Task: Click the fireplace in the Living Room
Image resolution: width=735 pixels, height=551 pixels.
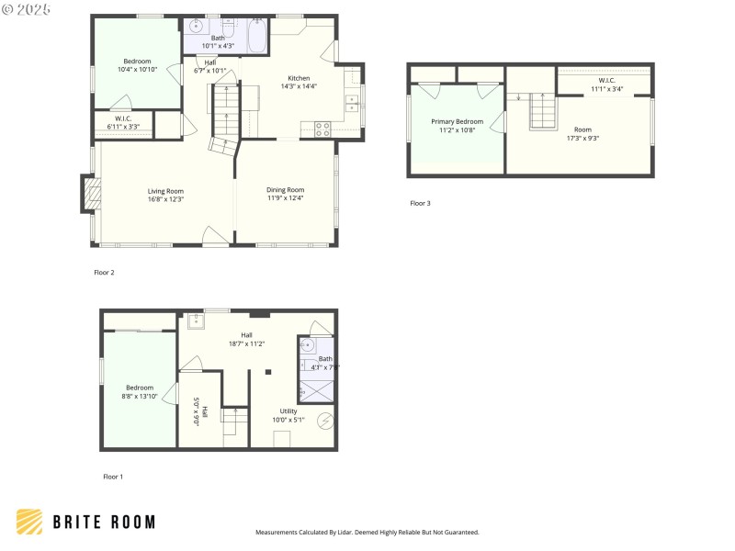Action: [90, 194]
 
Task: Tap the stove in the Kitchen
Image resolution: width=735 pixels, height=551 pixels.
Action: [322, 129]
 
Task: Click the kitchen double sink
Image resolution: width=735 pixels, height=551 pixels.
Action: [351, 103]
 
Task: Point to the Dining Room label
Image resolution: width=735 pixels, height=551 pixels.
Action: [285, 190]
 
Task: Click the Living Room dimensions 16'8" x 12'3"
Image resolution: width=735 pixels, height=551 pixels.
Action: [166, 198]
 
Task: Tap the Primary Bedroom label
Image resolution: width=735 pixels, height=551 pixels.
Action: [457, 121]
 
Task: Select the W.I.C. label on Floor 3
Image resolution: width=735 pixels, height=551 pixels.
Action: [606, 80]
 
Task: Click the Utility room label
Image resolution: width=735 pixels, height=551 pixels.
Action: [288, 410]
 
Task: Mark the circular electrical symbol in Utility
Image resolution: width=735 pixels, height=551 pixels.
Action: [323, 421]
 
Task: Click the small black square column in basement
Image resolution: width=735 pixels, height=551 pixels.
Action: [267, 372]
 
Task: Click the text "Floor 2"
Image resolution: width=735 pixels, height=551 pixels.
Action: [104, 272]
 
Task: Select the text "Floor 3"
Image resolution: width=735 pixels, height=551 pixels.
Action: [420, 203]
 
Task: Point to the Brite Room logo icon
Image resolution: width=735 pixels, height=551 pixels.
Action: [29, 522]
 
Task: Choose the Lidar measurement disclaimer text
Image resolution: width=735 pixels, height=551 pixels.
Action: [367, 532]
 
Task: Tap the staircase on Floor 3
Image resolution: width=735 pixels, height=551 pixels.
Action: [544, 112]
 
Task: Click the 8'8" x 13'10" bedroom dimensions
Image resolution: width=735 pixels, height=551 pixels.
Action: [140, 396]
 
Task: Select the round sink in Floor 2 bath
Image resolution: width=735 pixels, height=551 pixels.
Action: [195, 28]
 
